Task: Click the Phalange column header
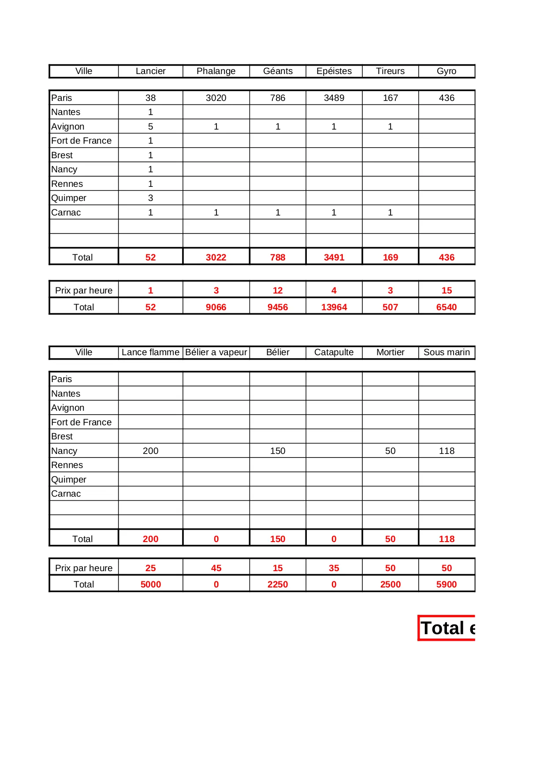(216, 71)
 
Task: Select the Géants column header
(278, 71)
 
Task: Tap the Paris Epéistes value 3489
(334, 98)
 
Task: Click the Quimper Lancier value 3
(150, 198)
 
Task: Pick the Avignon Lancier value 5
(150, 126)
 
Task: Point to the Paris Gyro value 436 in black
(447, 98)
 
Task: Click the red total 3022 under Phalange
(216, 257)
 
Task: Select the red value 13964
(334, 307)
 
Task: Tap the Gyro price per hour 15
(447, 290)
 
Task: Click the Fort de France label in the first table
(82, 141)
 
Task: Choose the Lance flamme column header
(150, 352)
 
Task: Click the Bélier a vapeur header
(216, 352)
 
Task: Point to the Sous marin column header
(447, 352)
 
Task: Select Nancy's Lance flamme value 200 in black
(150, 451)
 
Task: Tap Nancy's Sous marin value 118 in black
(447, 451)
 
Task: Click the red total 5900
(447, 584)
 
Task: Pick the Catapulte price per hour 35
(334, 568)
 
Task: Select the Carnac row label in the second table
(66, 494)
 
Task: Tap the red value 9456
(278, 307)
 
